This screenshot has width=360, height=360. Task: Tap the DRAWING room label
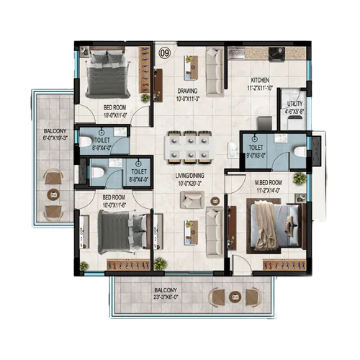pos(191,91)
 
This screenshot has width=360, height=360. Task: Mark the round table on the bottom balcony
pos(233,296)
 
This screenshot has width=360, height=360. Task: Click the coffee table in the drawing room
pos(191,71)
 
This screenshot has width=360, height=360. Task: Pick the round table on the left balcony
pos(52,193)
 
